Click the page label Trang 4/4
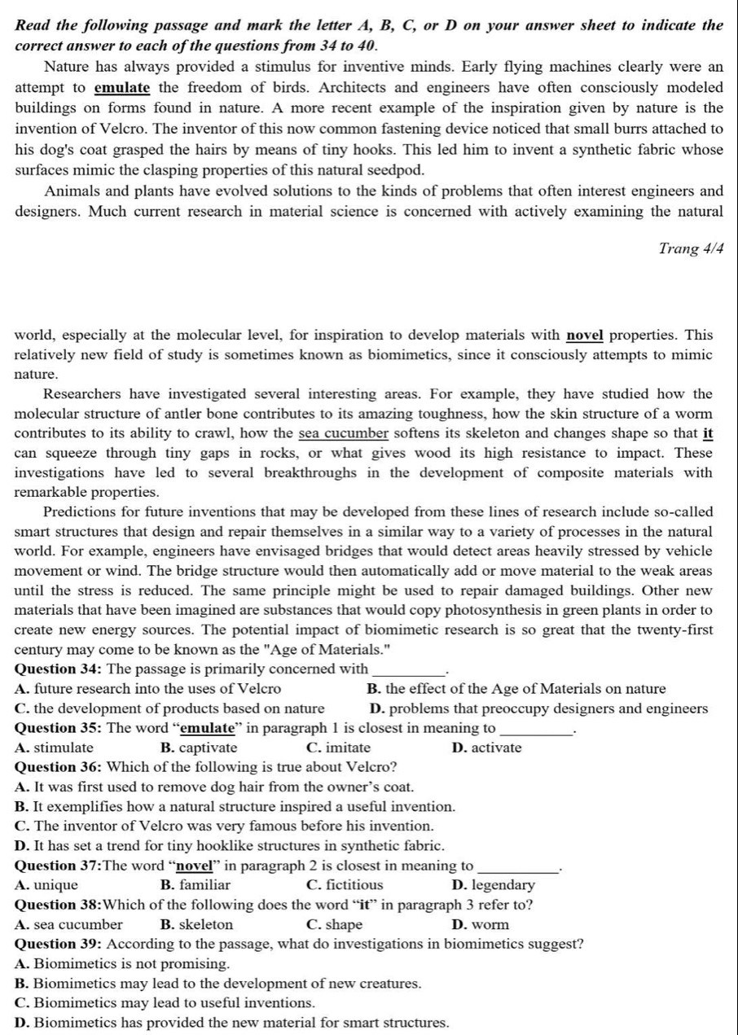690,249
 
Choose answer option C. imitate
338,748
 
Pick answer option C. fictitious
345,885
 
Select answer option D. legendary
492,885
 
